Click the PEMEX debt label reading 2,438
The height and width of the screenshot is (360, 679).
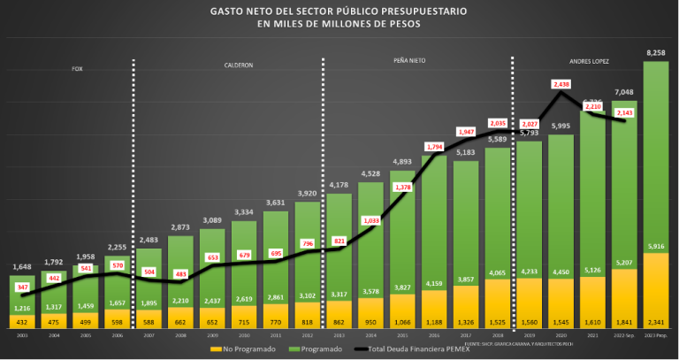tap(561, 84)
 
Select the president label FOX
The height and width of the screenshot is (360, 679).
tap(77, 69)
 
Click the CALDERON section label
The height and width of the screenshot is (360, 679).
tap(237, 65)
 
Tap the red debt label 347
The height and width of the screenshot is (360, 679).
tap(23, 288)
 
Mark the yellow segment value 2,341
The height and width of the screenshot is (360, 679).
tap(656, 324)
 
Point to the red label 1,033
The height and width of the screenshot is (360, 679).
tap(370, 220)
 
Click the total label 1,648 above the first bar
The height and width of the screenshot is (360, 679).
tap(23, 266)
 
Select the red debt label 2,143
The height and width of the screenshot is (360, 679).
tap(624, 114)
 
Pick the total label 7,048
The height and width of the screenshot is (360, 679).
tap(624, 91)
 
